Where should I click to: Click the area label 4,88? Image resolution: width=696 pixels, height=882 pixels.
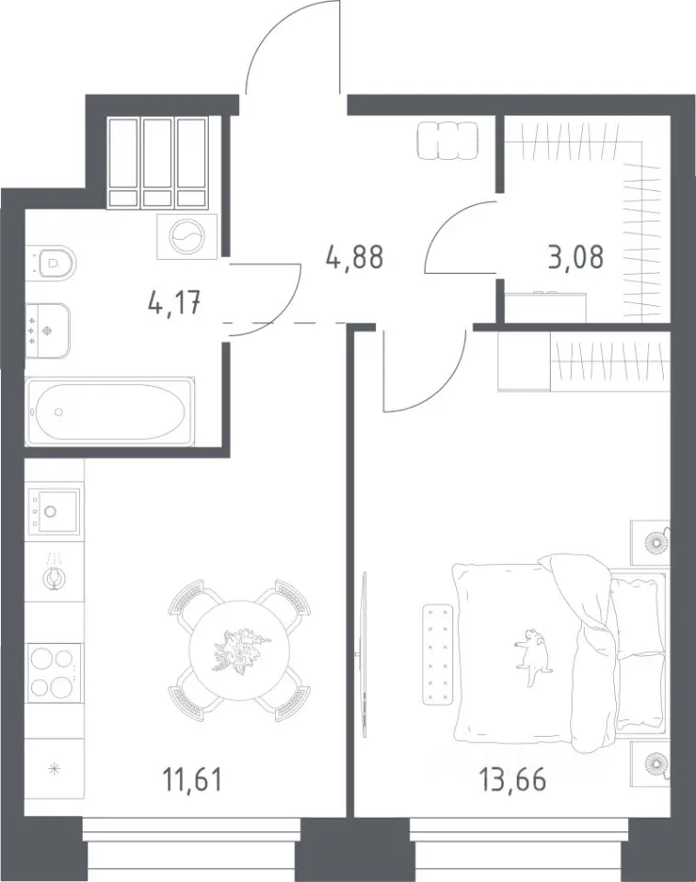[355, 257]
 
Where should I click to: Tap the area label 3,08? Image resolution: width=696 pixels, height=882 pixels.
[575, 257]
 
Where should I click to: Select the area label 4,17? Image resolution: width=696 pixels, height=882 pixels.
[174, 304]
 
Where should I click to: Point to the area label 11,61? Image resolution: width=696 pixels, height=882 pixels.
[192, 780]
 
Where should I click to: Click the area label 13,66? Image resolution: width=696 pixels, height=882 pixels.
[512, 780]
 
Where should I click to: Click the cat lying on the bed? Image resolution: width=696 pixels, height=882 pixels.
[532, 656]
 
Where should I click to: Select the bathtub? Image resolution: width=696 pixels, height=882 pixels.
[109, 412]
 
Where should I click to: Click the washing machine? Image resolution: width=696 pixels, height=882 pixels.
[187, 237]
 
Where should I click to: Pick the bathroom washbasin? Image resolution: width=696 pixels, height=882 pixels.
[49, 332]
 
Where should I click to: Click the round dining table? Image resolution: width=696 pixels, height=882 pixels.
[239, 651]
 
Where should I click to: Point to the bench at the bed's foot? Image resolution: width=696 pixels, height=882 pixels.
[438, 654]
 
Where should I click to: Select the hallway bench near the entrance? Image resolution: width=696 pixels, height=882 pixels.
[449, 141]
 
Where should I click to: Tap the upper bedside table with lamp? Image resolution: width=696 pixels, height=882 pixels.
[650, 542]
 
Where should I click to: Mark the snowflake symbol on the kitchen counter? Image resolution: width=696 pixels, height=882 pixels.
[54, 769]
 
